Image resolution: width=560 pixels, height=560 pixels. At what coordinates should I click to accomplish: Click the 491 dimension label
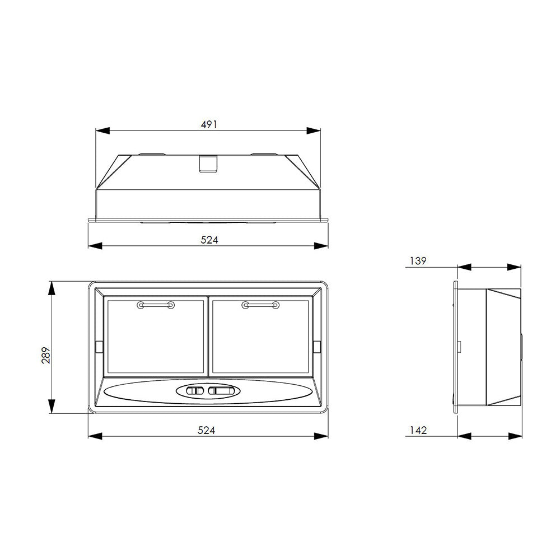208,124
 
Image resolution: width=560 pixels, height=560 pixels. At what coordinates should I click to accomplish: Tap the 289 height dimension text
46,356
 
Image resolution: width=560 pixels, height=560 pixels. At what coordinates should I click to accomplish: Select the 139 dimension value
418,260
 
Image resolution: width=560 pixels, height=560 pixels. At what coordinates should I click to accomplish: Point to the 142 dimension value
418,430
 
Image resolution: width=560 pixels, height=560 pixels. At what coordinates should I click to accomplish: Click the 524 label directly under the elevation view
208,239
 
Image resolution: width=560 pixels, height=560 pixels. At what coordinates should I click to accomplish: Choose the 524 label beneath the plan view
207,430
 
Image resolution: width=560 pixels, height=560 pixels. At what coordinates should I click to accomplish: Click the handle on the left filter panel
155,305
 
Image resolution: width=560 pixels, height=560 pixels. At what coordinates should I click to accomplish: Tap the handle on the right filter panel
260,305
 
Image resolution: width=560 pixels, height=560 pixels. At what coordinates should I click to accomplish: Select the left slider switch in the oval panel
195,391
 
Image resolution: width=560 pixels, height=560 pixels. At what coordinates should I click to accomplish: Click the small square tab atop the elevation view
208,164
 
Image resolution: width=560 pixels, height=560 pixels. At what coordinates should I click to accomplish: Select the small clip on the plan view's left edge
99,347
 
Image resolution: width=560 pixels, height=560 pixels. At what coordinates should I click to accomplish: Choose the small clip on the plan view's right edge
316,347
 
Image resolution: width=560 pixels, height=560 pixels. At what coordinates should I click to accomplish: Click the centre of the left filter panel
156,337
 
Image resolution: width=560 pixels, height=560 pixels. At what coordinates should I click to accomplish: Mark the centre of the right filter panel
260,337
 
